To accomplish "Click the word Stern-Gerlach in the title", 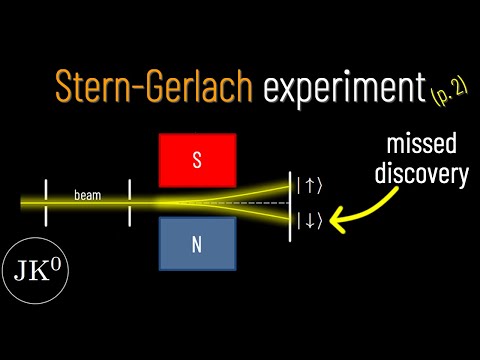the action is [154, 85].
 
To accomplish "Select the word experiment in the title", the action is [344, 87].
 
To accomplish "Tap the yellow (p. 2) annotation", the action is [449, 92].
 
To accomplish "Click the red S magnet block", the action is [198, 160].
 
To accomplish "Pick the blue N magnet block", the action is [198, 244].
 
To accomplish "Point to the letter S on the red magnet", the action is [197, 160].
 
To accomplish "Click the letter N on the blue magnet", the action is [197, 245].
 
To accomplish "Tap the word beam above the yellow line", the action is [87, 195].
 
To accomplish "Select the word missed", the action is [421, 144].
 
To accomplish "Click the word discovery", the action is [422, 173].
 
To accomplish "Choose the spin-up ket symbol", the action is [310, 186].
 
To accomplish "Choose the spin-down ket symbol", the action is [310, 221].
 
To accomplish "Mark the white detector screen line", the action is [290, 207].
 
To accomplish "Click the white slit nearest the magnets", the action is [129, 203].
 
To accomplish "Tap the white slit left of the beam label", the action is [46, 203].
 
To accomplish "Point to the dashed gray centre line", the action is [234, 203].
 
